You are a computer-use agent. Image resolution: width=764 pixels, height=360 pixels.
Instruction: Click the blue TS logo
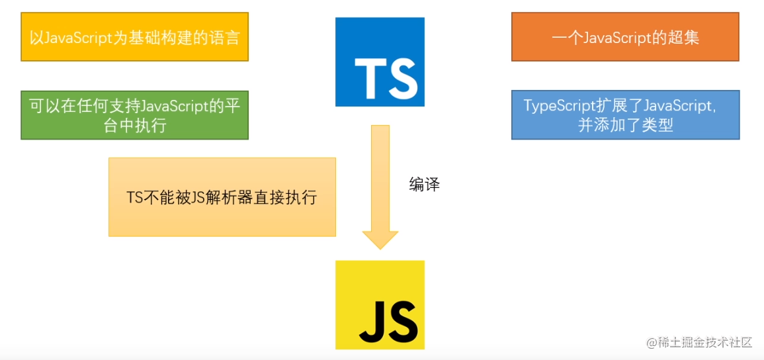point(380,62)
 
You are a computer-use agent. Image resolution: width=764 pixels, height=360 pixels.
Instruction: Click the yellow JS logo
point(380,304)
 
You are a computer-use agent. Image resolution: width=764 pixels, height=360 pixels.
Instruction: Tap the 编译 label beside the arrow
point(424,185)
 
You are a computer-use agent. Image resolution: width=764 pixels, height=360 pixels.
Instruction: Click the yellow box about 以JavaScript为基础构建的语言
point(134,36)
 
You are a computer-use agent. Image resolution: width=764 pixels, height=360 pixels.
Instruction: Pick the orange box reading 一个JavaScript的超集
point(625,37)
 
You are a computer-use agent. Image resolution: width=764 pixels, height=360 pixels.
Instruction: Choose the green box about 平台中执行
point(134,114)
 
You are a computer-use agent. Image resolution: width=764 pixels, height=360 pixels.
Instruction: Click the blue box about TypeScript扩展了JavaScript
point(625,114)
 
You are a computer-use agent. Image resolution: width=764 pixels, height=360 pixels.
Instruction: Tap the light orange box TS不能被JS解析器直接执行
point(222,197)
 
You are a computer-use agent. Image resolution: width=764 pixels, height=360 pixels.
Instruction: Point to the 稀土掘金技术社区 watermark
point(699,342)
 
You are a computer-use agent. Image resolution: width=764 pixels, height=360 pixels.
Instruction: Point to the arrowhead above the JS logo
point(380,240)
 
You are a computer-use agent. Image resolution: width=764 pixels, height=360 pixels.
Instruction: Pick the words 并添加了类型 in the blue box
point(625,124)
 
